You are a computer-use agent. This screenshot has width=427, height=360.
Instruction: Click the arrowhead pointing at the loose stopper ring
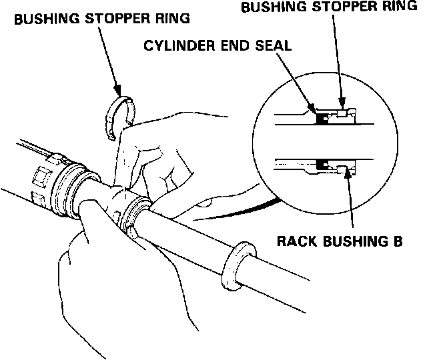click(x=117, y=90)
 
